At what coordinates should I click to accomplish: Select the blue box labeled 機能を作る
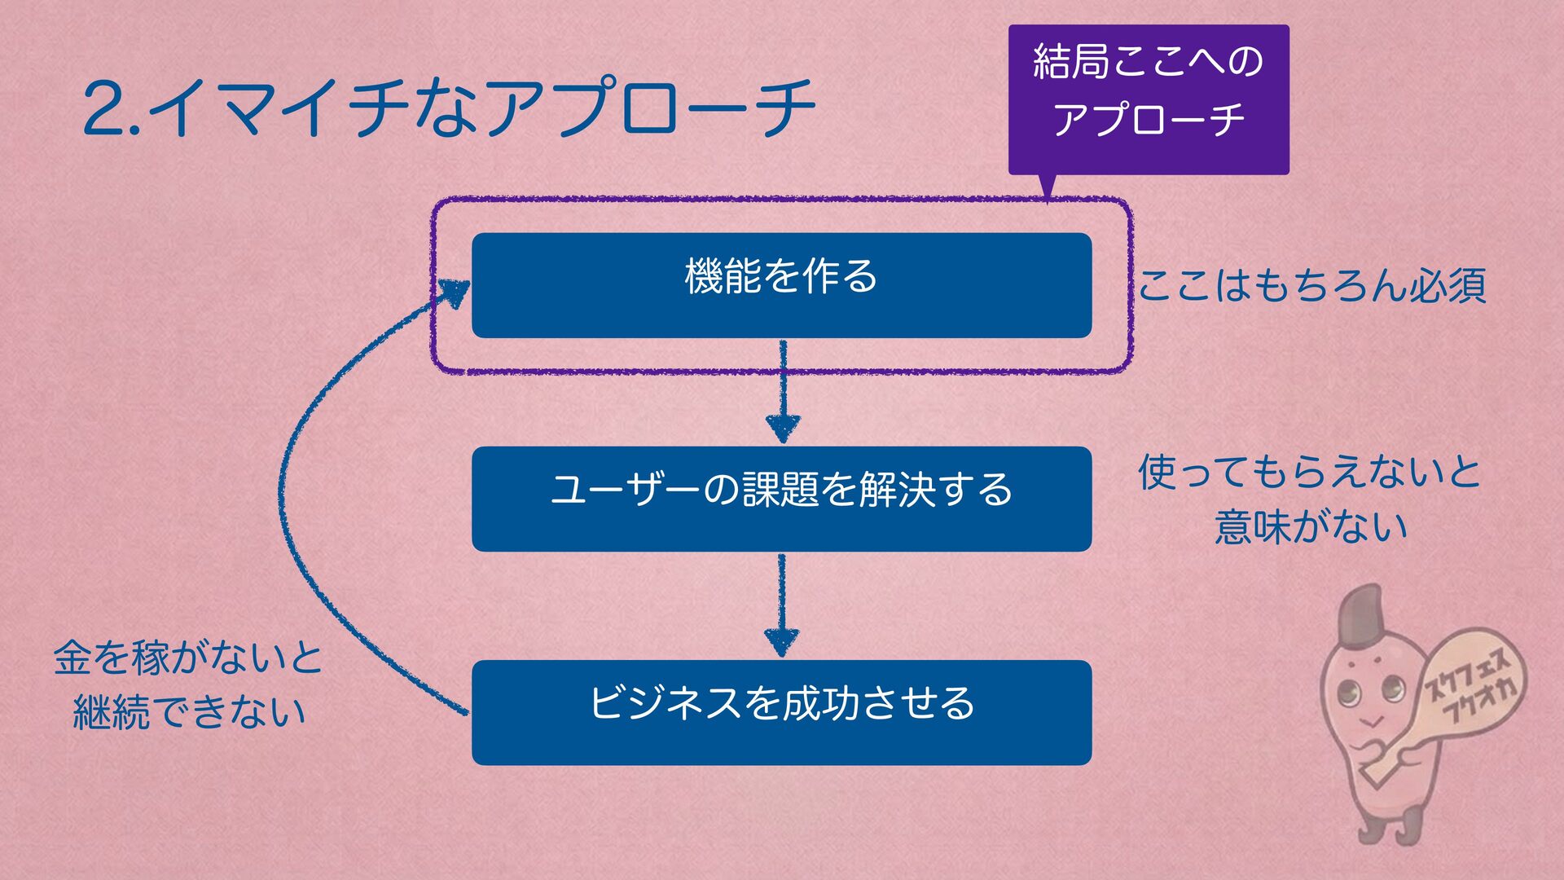781,285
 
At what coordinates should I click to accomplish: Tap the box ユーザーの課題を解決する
781,499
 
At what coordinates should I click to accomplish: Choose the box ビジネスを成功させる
781,712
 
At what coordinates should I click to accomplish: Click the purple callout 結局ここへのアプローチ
1149,98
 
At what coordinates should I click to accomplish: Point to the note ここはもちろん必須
1311,285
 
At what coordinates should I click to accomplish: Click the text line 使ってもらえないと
1310,473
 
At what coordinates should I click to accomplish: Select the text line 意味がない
1311,526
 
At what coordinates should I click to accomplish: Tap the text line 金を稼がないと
188,658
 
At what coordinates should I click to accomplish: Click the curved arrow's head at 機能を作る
455,292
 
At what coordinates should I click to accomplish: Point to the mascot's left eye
1349,694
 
